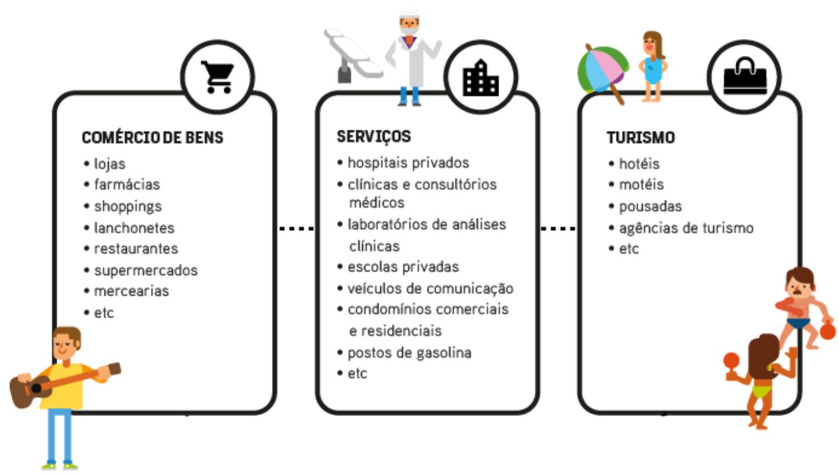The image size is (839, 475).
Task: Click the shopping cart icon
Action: [x=217, y=77]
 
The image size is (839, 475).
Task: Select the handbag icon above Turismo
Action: [x=745, y=77]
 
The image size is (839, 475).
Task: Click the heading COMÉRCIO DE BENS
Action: [x=152, y=138]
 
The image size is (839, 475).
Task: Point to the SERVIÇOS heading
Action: [x=374, y=137]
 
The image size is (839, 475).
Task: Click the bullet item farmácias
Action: [x=127, y=184]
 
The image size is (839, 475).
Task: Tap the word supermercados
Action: [x=145, y=270]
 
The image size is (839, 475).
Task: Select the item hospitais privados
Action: [x=408, y=163]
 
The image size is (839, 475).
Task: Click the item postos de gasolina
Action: [x=409, y=353]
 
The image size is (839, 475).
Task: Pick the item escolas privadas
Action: [x=403, y=267]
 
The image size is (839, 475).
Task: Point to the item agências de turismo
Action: [x=685, y=228]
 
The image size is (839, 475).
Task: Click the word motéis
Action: [x=641, y=184]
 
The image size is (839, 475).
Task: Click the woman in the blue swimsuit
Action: [x=653, y=66]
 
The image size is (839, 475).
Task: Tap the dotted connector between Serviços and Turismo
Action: [x=557, y=229]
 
